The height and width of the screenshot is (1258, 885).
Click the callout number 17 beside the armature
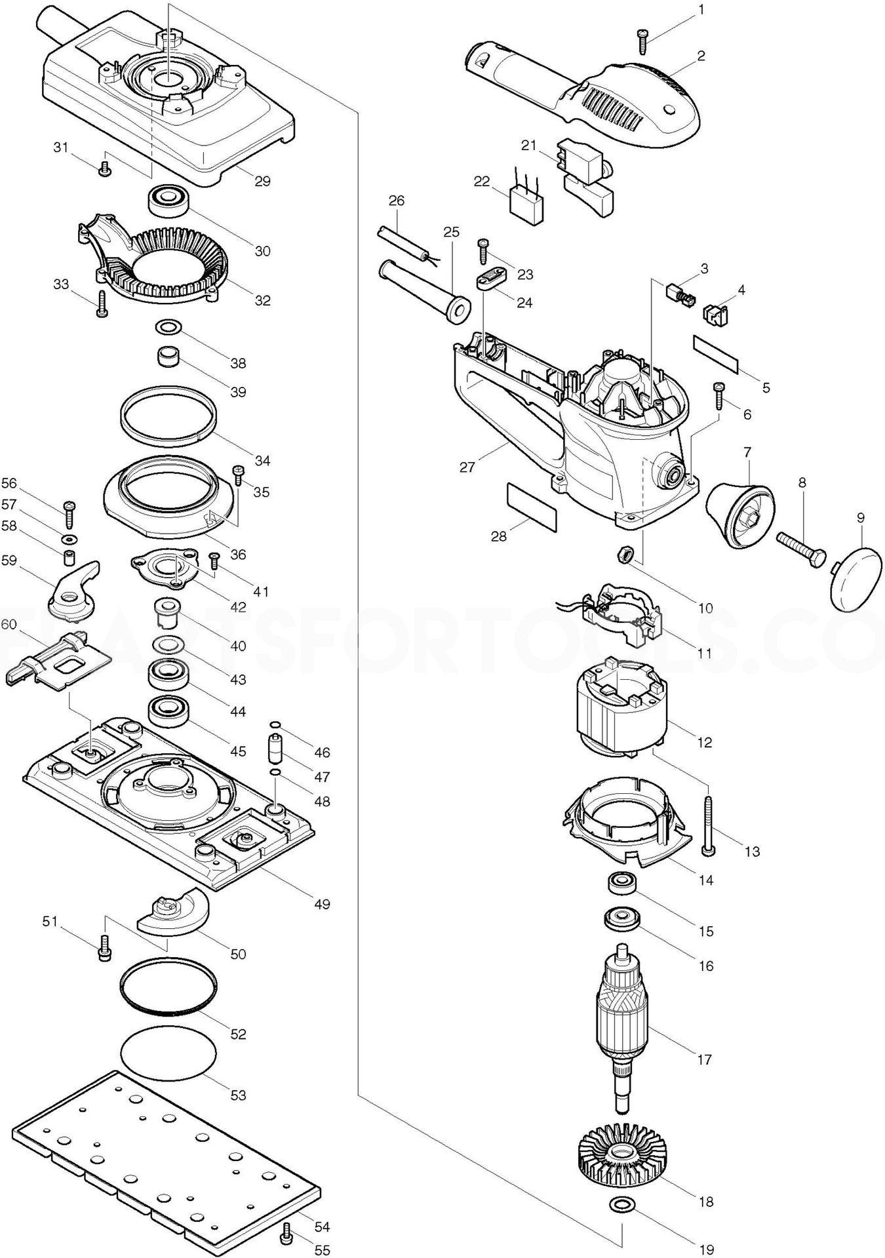[x=705, y=1059]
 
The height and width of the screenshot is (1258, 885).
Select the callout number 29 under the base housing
[x=262, y=182]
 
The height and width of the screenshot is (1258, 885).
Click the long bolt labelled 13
[x=709, y=823]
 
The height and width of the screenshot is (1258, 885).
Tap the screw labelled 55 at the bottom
[x=285, y=1237]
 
